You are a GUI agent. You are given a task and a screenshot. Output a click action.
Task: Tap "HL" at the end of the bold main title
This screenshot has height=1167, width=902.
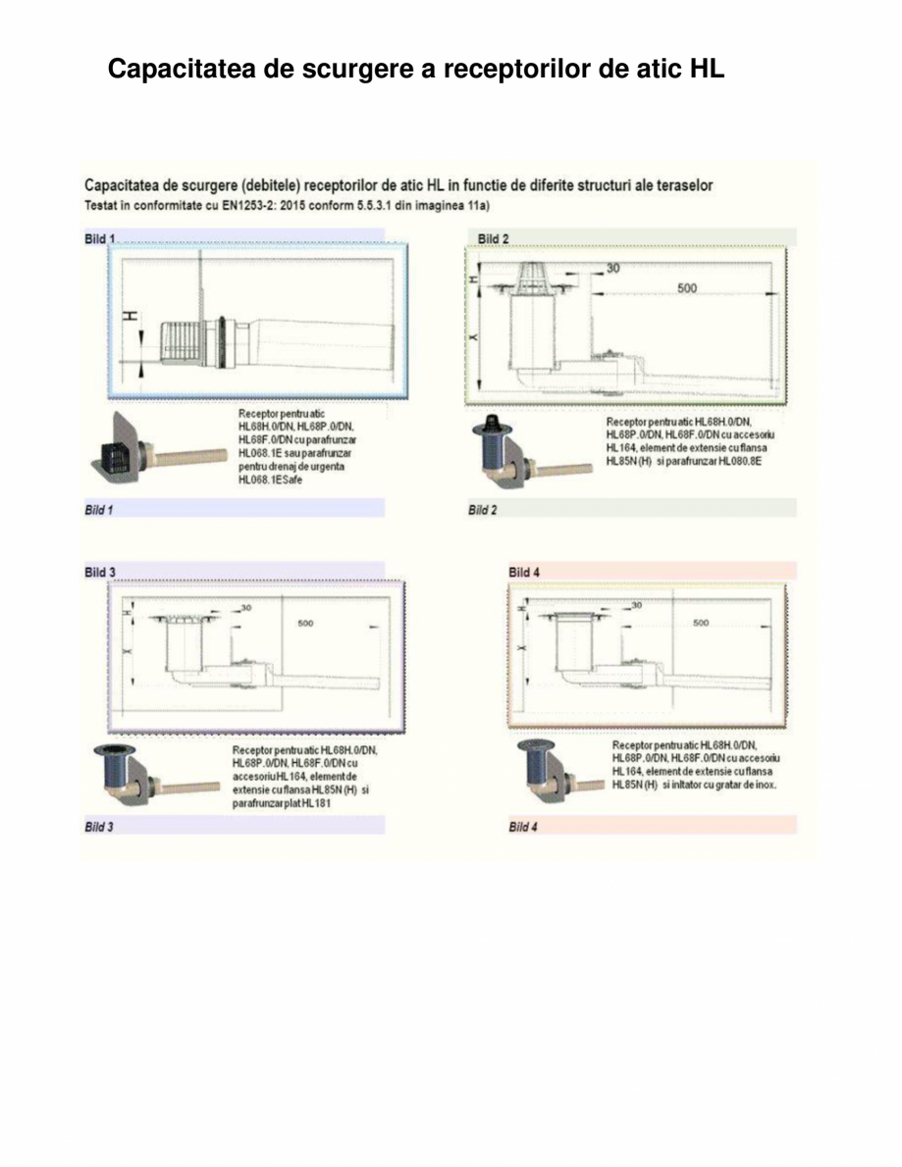click(x=707, y=71)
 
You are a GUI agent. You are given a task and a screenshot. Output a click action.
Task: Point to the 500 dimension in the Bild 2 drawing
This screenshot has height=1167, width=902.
click(x=687, y=288)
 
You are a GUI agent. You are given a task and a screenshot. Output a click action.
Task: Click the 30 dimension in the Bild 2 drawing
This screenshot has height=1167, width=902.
click(x=612, y=267)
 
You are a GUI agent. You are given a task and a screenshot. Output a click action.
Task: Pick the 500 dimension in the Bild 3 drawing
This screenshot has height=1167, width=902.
click(x=307, y=622)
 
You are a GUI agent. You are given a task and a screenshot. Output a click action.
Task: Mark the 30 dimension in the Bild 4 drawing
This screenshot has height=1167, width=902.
click(x=637, y=606)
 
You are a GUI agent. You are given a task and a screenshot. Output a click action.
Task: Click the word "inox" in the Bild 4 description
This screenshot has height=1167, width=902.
click(x=761, y=785)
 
